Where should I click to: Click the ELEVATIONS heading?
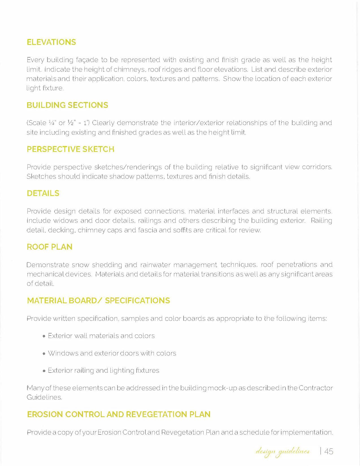pos(51,42)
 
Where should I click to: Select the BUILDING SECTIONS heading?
pos(67,105)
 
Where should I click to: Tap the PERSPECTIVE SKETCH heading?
pos(70,149)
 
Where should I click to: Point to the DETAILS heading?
pos(43,193)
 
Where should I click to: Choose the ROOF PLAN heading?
pos(49,247)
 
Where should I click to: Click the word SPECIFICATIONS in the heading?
pos(137,300)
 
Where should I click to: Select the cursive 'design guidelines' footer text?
pos(283,451)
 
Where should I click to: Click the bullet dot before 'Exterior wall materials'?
pos(44,336)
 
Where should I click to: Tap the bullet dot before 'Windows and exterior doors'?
pos(44,354)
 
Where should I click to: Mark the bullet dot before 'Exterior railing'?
pos(44,371)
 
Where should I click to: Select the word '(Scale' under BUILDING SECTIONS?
pos(36,123)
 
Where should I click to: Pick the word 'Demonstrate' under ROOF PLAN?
pos(48,265)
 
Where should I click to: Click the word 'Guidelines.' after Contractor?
pos(44,397)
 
